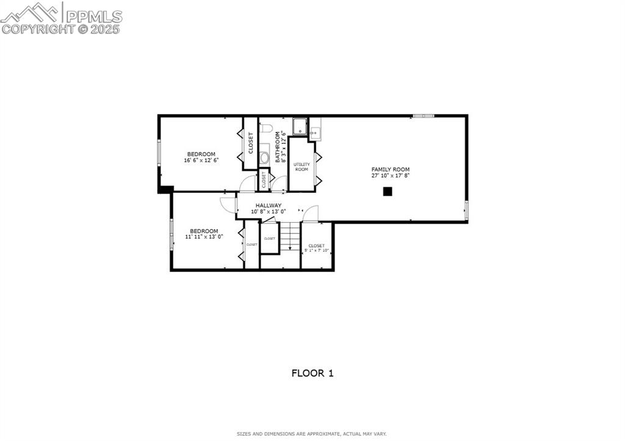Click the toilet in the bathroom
[266, 128]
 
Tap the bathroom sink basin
[264, 157]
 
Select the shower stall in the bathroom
[300, 126]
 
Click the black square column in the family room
[387, 192]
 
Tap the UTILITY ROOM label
[302, 167]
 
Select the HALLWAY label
[269, 206]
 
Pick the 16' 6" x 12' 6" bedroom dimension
[201, 160]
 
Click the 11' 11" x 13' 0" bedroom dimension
[204, 237]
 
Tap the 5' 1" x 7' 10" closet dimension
[316, 251]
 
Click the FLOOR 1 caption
[312, 373]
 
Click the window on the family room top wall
[423, 115]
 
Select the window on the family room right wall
[466, 210]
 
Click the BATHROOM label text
[278, 147]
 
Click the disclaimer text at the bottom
[312, 434]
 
